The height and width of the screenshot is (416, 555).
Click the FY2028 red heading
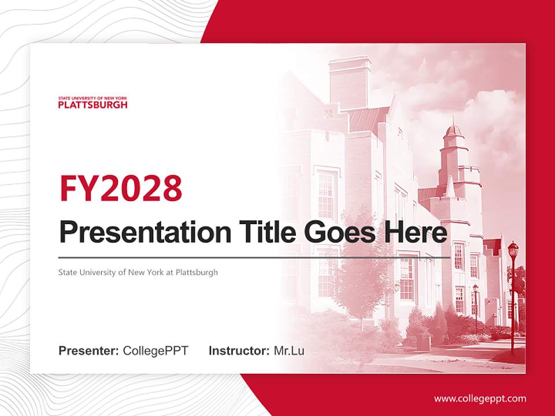[121, 188]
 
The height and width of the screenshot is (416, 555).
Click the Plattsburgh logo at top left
[92, 103]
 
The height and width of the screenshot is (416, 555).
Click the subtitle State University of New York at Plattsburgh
[138, 272]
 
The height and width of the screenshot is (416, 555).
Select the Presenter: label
[89, 351]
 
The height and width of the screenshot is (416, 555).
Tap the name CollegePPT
[156, 351]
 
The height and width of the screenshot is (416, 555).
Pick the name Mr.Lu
[288, 351]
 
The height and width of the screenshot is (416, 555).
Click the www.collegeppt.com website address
[480, 398]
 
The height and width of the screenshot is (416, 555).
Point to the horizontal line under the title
[254, 257]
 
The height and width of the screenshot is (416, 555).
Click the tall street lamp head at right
[512, 250]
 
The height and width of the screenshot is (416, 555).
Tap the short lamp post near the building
[475, 306]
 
